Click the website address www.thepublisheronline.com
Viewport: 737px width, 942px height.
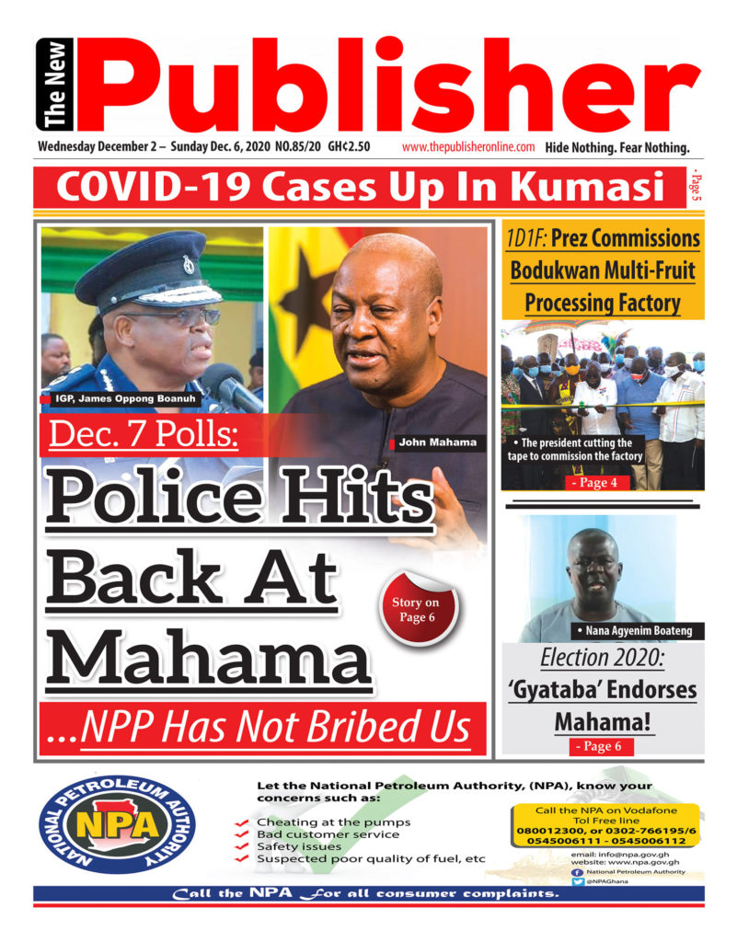tap(468, 147)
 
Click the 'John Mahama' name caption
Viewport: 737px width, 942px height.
tap(437, 443)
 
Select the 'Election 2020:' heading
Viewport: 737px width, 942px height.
tap(602, 658)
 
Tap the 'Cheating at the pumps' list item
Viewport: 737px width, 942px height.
tap(333, 821)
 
